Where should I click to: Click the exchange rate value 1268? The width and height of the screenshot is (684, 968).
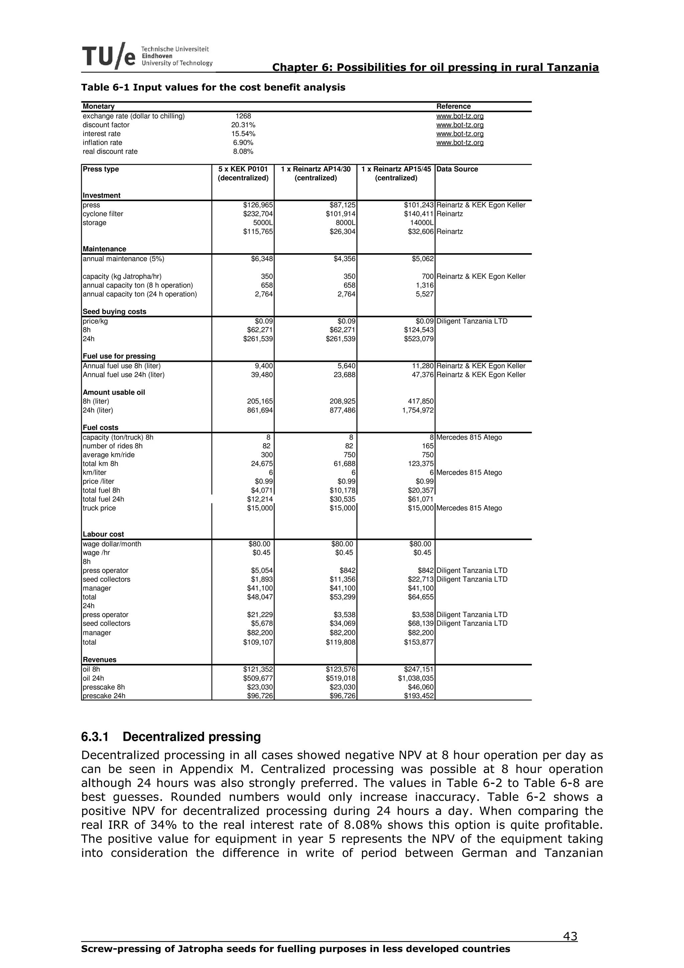[243, 116]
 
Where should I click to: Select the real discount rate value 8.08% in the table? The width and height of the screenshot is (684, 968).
[243, 152]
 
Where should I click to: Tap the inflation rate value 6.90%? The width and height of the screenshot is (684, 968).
[243, 143]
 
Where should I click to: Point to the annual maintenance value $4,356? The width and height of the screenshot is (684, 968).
[344, 259]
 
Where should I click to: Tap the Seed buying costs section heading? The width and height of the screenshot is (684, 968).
[114, 312]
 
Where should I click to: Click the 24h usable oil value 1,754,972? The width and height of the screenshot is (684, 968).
[418, 410]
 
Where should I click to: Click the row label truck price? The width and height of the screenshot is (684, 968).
[99, 508]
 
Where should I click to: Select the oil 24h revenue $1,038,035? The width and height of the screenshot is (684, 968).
[415, 678]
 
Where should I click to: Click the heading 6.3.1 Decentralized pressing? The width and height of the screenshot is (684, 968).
[171, 736]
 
